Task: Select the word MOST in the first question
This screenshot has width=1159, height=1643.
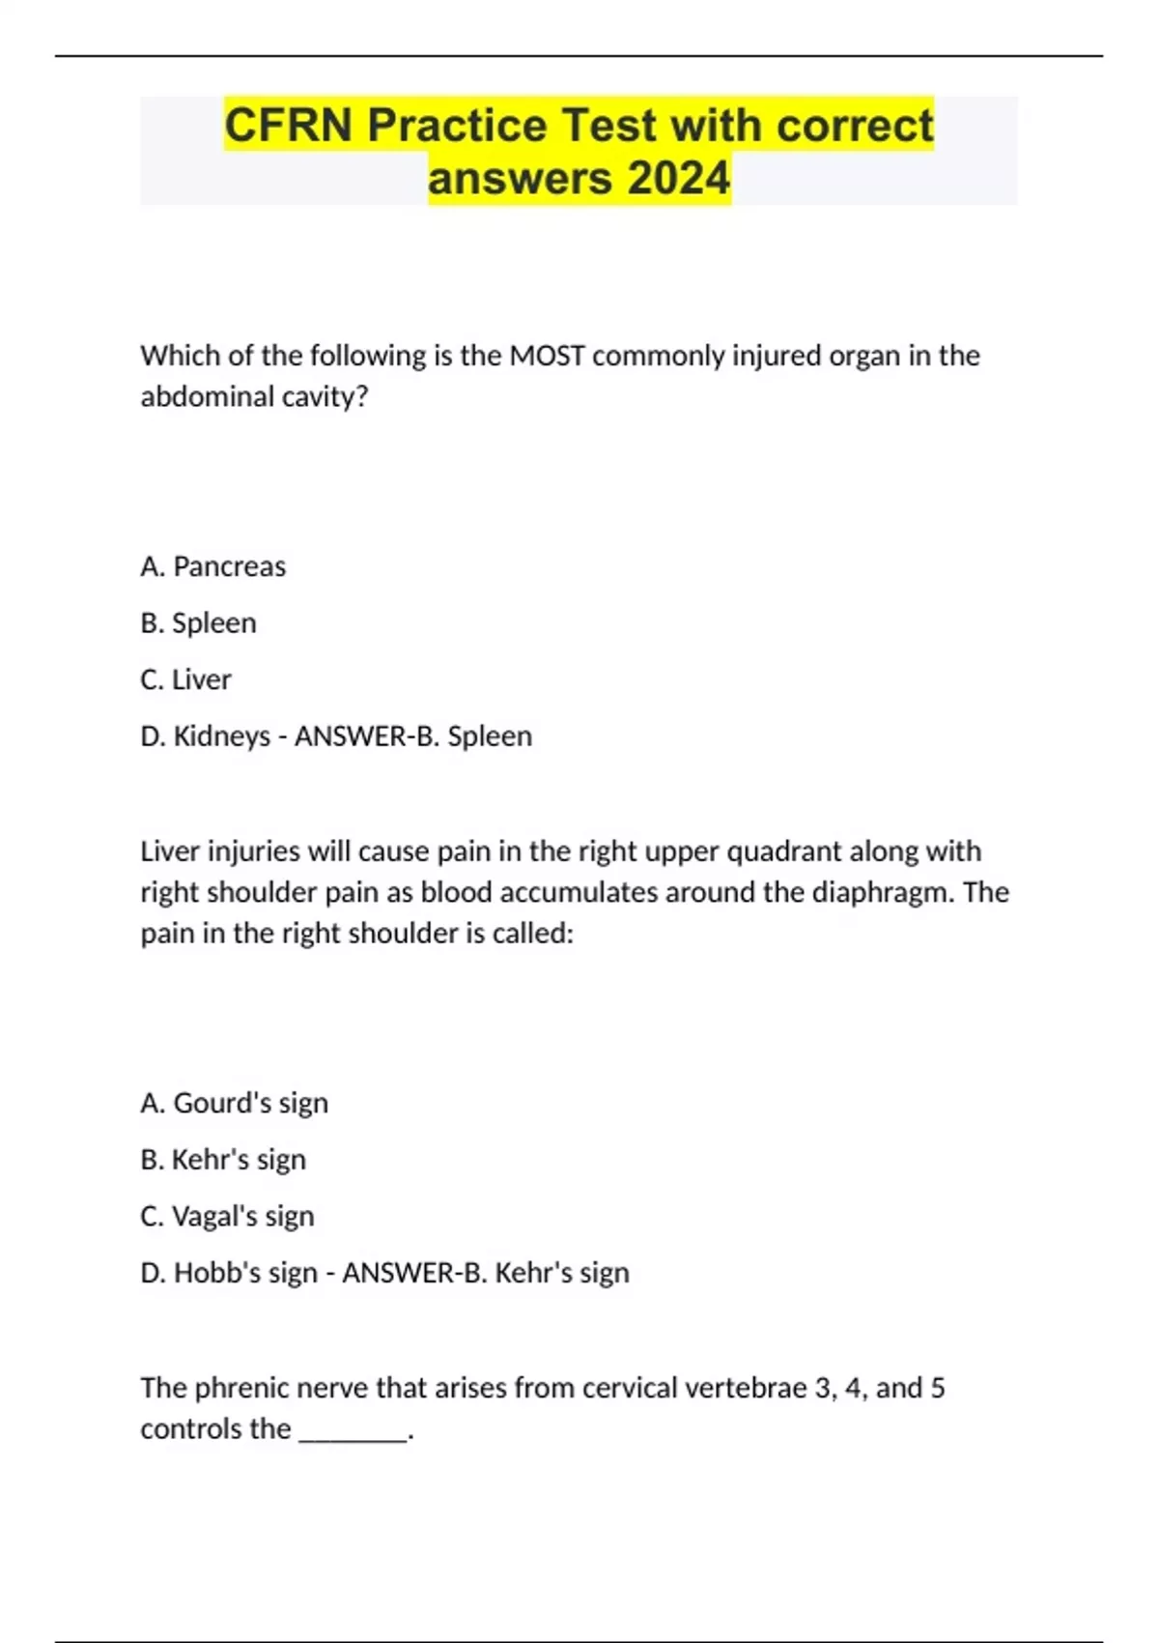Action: tap(547, 356)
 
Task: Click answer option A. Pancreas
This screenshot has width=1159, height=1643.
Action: tap(212, 566)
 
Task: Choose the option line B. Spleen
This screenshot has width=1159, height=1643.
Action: tap(198, 623)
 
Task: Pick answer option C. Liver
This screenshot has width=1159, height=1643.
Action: tap(185, 679)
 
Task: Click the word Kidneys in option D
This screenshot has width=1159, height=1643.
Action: tap(221, 736)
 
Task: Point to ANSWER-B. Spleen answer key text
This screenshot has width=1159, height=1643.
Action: tap(413, 736)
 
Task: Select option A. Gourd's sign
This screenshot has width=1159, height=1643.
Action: tap(234, 1103)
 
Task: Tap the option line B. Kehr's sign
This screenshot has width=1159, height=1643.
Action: tap(223, 1160)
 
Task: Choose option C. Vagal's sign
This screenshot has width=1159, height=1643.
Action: tap(227, 1216)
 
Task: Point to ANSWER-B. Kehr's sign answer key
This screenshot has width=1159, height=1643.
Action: tap(486, 1273)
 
